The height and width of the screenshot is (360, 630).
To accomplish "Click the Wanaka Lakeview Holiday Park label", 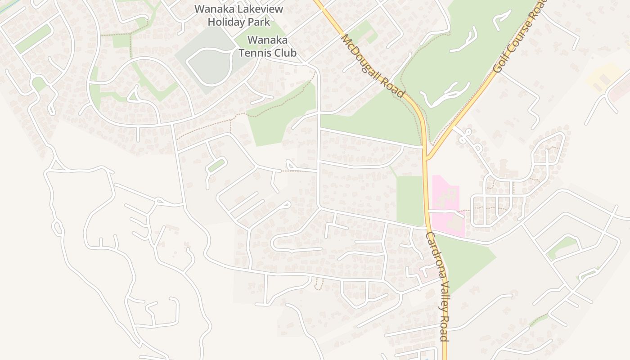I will (238, 15).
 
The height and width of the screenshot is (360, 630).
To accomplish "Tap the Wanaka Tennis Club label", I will (267, 46).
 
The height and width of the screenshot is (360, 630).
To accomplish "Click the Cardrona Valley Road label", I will (437, 287).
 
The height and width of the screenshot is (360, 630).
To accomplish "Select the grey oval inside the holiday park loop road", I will (208, 67).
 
